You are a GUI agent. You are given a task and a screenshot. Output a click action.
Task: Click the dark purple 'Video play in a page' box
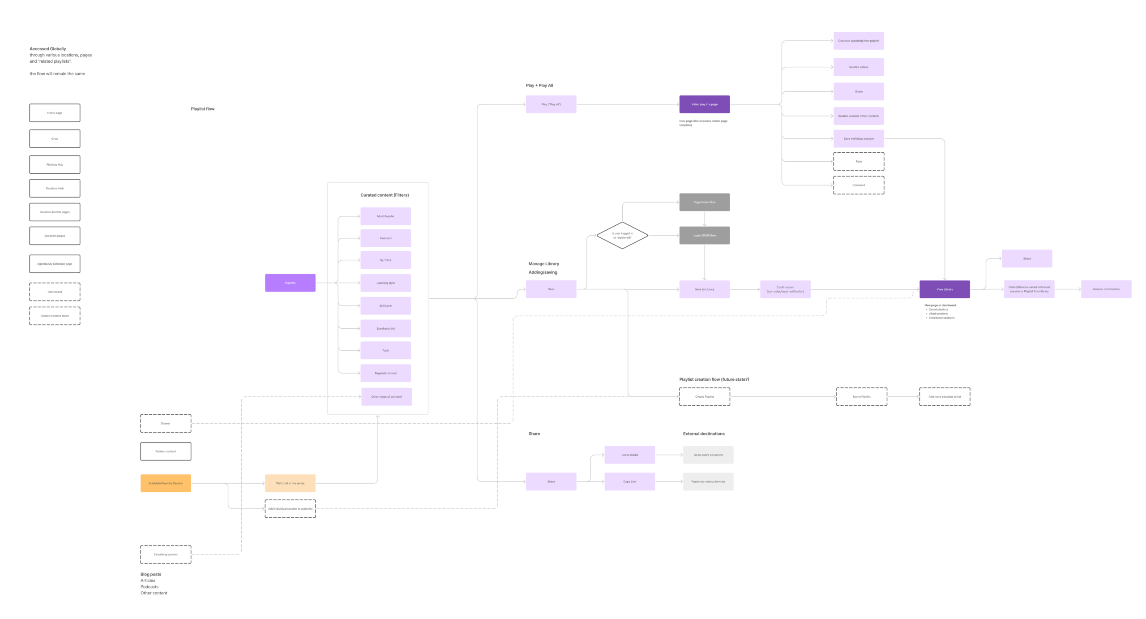(x=704, y=104)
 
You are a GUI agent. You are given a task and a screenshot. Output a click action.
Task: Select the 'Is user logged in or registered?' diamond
(x=622, y=235)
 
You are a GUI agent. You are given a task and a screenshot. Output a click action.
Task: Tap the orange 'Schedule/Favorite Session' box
(x=166, y=483)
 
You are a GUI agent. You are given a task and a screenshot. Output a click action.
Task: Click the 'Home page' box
(x=55, y=113)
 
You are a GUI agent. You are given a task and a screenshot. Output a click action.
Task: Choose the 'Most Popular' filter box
(x=385, y=216)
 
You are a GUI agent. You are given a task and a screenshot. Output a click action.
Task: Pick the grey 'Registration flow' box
(x=704, y=202)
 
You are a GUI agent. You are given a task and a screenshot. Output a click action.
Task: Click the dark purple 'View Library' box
(x=945, y=289)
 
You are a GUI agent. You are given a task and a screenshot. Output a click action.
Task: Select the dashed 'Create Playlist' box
(x=704, y=397)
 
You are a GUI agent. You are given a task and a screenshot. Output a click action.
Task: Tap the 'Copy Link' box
(x=629, y=481)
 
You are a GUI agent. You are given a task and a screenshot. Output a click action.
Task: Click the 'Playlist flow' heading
(x=202, y=109)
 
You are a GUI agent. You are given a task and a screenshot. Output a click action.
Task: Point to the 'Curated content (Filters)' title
(x=385, y=195)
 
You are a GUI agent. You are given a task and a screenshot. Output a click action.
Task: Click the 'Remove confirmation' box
(x=1106, y=289)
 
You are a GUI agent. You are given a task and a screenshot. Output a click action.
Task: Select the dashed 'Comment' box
(x=858, y=185)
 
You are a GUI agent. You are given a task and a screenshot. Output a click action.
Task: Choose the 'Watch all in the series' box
(x=290, y=483)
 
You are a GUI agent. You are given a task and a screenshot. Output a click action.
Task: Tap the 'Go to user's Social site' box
(x=708, y=455)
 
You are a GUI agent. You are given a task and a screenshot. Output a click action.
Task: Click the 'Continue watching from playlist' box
(x=858, y=41)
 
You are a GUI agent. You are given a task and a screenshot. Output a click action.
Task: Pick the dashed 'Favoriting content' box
(x=166, y=555)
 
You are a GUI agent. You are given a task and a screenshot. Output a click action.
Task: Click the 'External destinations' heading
(x=703, y=434)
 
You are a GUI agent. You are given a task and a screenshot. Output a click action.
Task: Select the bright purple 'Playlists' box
(x=290, y=283)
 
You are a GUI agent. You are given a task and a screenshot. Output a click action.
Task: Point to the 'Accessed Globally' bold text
(x=47, y=49)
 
